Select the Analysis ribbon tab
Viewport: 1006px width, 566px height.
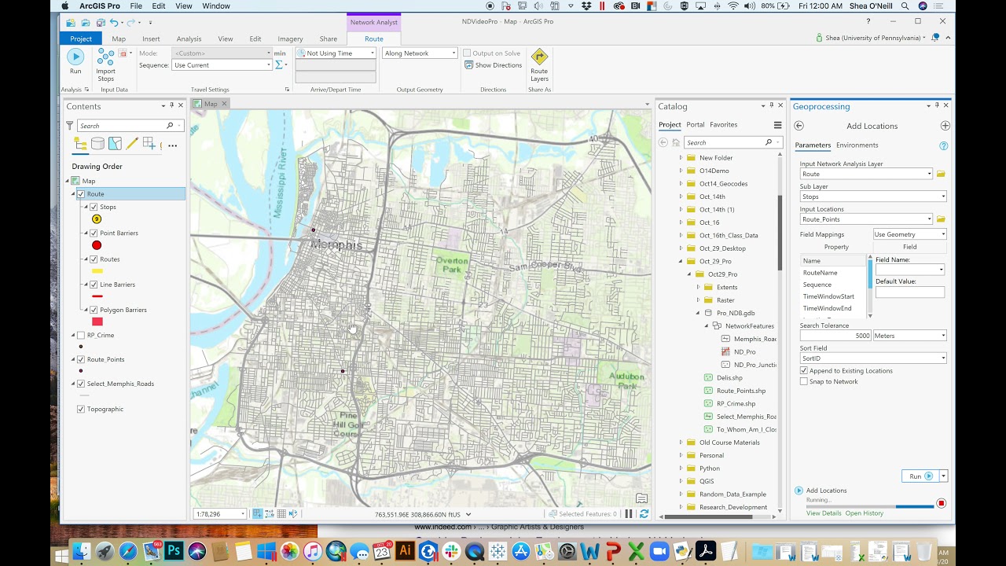pyautogui.click(x=189, y=39)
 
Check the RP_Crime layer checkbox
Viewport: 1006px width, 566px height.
pyautogui.click(x=81, y=335)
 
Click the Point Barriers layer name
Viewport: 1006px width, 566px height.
pyautogui.click(x=119, y=233)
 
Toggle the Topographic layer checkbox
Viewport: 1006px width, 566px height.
pyautogui.click(x=81, y=409)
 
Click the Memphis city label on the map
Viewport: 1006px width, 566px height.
pyautogui.click(x=336, y=245)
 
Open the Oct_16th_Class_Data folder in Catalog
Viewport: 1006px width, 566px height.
pyautogui.click(x=729, y=235)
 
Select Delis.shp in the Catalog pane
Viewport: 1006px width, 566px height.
pyautogui.click(x=729, y=378)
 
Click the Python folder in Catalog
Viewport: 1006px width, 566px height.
pyautogui.click(x=710, y=469)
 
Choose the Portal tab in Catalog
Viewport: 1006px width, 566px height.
pyautogui.click(x=695, y=124)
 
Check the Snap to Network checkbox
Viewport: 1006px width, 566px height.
pyautogui.click(x=804, y=381)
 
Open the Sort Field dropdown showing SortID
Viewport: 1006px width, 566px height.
pyautogui.click(x=872, y=358)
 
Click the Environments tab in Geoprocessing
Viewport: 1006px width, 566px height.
pyautogui.click(x=857, y=145)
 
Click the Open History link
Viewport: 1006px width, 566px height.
pyautogui.click(x=864, y=513)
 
